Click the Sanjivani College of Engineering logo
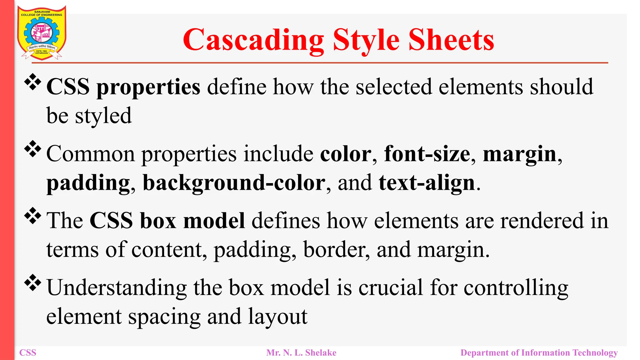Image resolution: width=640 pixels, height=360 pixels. [42, 33]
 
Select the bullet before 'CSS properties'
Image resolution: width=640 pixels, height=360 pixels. [33, 82]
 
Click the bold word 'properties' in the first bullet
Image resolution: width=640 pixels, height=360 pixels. [148, 87]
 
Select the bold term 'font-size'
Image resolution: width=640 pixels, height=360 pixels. [427, 154]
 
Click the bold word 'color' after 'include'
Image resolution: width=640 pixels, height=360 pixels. [346, 154]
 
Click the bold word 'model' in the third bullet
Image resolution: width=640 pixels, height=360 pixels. [214, 221]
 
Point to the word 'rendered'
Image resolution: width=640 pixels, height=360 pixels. [542, 221]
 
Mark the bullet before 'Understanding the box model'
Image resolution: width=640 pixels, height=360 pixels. [33, 283]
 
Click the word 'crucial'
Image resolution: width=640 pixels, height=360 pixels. [390, 287]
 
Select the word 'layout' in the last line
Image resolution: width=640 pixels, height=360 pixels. [278, 317]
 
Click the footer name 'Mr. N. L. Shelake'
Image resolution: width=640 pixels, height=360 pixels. [301, 353]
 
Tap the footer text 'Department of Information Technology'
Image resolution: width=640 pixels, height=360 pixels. [539, 353]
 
